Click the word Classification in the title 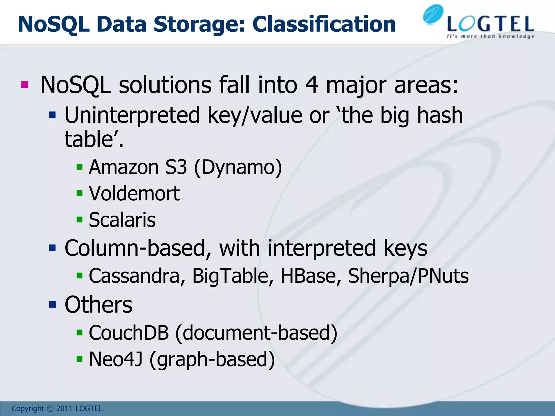(x=324, y=24)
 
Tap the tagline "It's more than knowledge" (x=491, y=36)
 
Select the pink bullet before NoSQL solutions (x=25, y=84)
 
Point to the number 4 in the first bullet (x=311, y=85)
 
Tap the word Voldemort (x=134, y=193)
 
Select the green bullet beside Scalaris (x=79, y=219)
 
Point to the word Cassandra (x=134, y=276)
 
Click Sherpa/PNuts (x=408, y=276)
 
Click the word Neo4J (x=116, y=359)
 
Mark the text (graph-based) (x=212, y=360)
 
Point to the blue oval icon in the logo (x=433, y=15)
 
